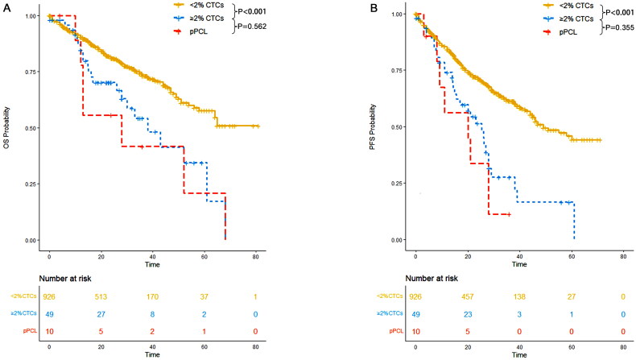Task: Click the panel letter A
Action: [6, 8]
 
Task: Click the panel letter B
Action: [374, 8]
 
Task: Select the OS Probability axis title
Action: [6, 127]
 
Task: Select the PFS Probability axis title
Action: [373, 127]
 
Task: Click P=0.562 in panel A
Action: [252, 27]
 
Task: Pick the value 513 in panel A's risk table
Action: [101, 297]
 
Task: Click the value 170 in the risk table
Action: [152, 297]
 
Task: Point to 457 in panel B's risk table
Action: [467, 297]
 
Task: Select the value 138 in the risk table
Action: [519, 297]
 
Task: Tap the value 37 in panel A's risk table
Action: [204, 297]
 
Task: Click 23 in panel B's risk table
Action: [467, 314]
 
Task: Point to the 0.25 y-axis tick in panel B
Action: [397, 184]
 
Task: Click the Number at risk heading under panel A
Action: [65, 279]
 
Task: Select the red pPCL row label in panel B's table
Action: [396, 331]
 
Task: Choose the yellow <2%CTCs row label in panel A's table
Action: [23, 296]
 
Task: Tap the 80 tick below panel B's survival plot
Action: [623, 256]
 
